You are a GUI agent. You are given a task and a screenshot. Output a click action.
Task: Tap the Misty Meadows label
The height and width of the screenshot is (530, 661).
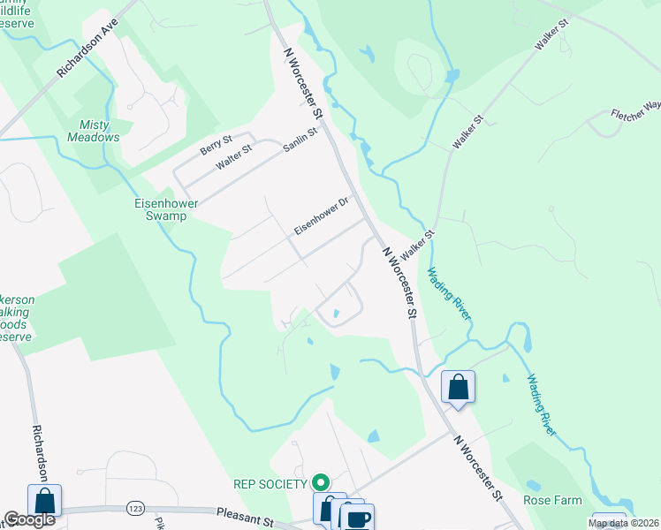point(93,131)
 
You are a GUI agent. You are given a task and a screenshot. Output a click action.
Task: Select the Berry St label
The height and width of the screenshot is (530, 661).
point(216,145)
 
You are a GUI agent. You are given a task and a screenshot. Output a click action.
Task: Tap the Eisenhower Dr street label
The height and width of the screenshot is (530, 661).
point(323,215)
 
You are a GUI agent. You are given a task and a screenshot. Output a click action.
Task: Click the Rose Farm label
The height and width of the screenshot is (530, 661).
point(552,501)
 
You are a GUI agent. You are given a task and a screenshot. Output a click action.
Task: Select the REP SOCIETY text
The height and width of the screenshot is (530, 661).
point(270,483)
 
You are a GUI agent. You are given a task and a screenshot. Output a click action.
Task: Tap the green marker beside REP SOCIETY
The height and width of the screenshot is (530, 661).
point(321,482)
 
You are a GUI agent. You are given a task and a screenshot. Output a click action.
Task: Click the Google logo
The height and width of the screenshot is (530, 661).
point(29,519)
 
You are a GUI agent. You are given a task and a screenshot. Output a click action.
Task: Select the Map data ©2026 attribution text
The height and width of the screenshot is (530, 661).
point(623,523)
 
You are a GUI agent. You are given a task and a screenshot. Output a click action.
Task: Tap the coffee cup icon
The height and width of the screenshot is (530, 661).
point(358,519)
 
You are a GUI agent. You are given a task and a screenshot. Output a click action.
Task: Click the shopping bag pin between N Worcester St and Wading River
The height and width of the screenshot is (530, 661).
point(459,387)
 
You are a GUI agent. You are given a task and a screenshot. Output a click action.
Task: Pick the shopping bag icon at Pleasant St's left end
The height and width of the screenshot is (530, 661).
point(44,501)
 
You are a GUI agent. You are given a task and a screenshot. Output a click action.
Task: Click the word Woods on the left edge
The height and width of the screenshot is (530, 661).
point(17,324)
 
